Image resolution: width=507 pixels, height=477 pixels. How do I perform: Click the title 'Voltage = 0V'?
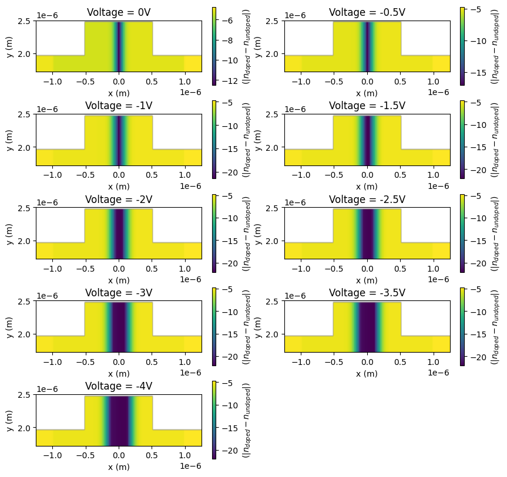pyautogui.click(x=119, y=12)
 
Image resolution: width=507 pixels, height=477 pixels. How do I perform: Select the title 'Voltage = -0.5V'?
pyautogui.click(x=367, y=12)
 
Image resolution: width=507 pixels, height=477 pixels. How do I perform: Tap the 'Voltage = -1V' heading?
pyautogui.click(x=119, y=106)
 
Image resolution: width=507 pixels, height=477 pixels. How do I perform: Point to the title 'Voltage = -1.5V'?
pyautogui.click(x=367, y=106)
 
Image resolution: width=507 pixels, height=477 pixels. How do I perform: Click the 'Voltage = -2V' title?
pyautogui.click(x=119, y=199)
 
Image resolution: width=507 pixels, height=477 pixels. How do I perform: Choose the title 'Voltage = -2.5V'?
pyautogui.click(x=367, y=199)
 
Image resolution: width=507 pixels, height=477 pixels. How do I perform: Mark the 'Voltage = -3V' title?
pyautogui.click(x=119, y=293)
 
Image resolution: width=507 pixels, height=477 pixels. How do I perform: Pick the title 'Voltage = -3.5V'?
pyautogui.click(x=367, y=293)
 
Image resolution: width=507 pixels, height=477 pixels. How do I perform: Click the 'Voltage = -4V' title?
pyautogui.click(x=119, y=386)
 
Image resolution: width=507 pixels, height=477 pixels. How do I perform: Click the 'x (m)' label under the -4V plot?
pyautogui.click(x=119, y=467)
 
